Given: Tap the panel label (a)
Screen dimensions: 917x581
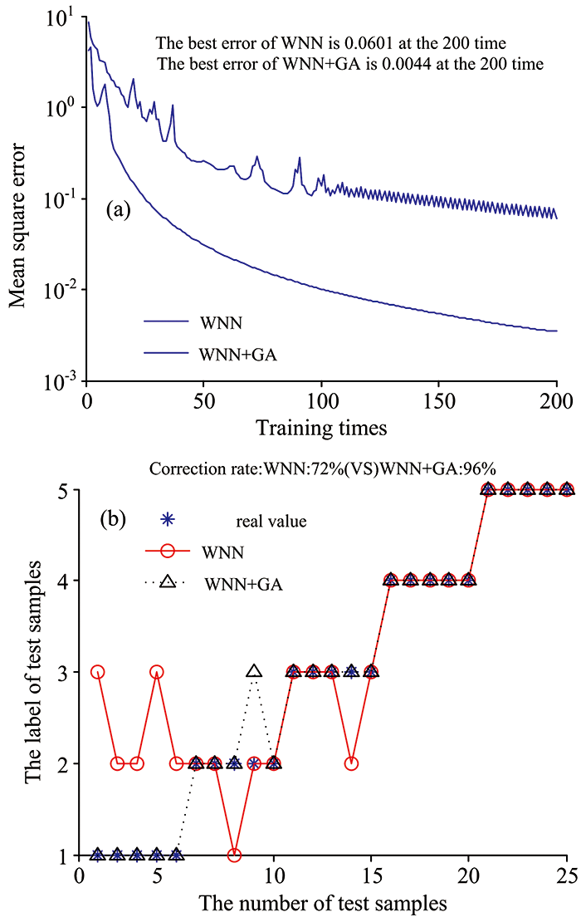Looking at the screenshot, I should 120,210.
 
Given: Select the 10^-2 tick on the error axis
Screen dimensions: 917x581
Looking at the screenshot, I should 66,290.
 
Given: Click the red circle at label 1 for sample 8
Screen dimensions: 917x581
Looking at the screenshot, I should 235,855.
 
